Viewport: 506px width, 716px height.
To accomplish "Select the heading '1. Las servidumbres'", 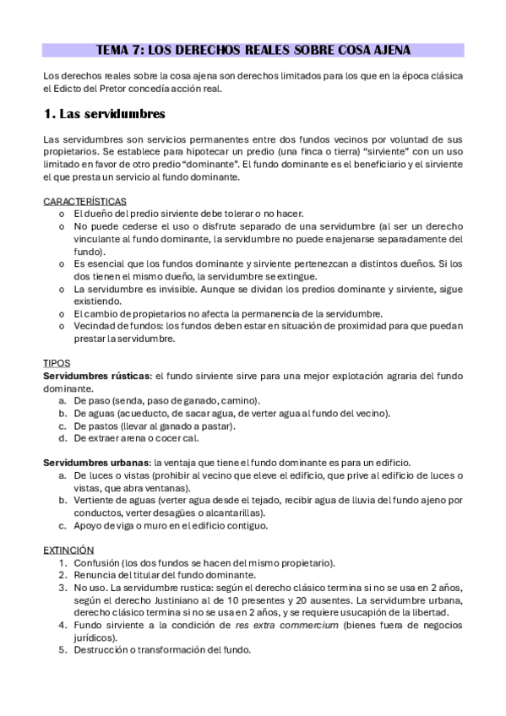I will tap(104, 113).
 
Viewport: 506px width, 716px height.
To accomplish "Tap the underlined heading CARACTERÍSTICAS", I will tap(84, 201).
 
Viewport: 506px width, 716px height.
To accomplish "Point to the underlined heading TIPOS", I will tap(56, 362).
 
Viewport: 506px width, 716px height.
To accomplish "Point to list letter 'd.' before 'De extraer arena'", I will tap(63, 438).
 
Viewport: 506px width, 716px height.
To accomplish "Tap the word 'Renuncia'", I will tap(95, 575).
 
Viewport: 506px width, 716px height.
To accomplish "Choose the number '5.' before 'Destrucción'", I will tap(63, 650).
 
